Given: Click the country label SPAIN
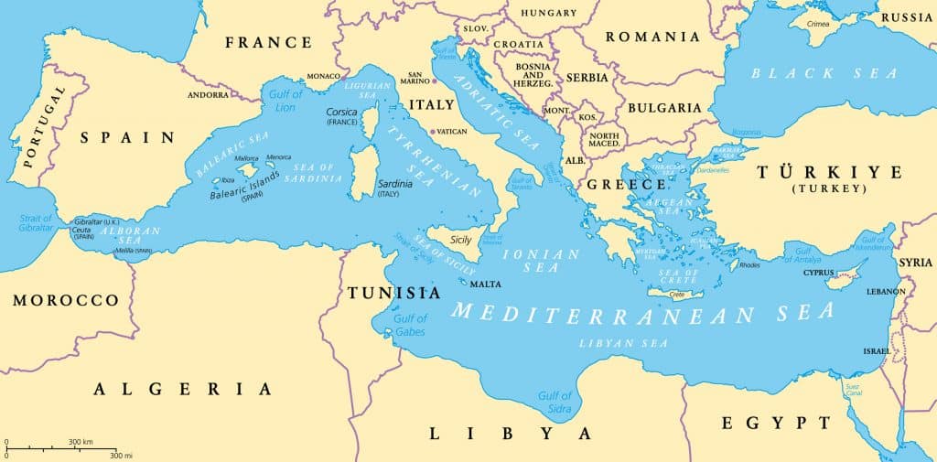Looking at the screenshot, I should pos(127,137).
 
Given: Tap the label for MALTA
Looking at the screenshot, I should pos(486,284).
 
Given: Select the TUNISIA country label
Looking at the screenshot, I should pos(393,293).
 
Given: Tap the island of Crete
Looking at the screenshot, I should pos(677,294).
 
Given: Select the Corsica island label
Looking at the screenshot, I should pos(342,112).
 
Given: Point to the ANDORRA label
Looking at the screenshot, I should pos(208,94).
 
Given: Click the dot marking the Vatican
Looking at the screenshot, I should pos(433,131).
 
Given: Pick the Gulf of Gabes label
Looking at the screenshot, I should pos(410,325).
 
